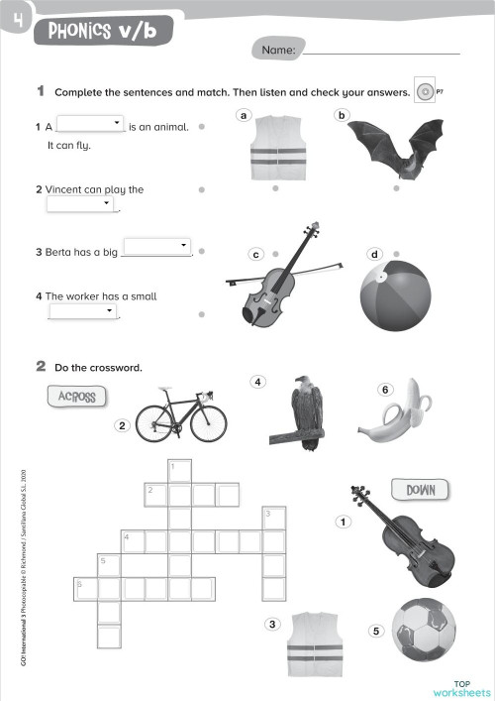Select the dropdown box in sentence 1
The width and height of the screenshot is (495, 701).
tap(90, 125)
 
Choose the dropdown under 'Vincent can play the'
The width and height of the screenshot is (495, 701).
tap(80, 203)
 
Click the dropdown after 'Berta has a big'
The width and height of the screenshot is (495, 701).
tap(155, 246)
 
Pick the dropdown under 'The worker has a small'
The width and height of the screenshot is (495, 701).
tap(83, 310)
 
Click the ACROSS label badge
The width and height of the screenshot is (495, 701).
tap(76, 396)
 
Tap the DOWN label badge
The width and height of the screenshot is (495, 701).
tap(421, 489)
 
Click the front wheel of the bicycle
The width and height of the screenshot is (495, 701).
tap(210, 422)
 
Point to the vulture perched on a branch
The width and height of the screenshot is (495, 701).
tap(306, 411)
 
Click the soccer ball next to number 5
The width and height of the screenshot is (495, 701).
tap(424, 629)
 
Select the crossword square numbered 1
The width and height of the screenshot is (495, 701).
tap(179, 469)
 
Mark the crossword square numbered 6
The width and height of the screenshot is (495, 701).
tap(86, 589)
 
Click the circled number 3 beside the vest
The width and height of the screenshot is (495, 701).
tap(272, 624)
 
